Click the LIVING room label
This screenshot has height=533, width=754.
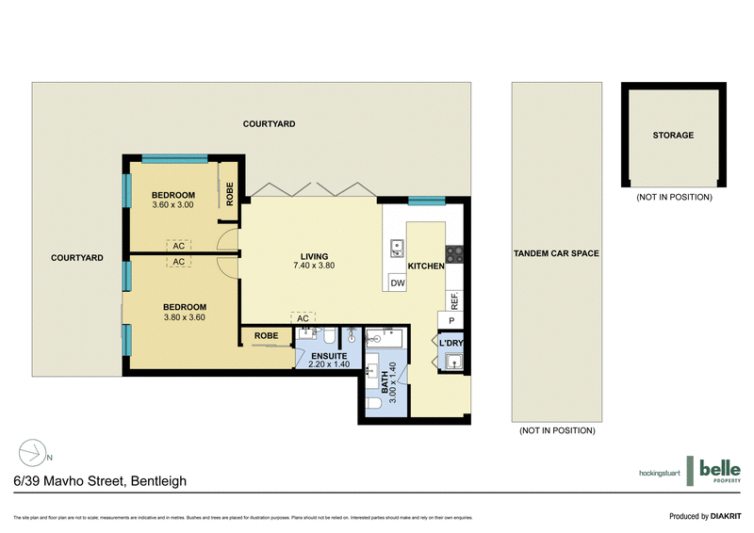tap(315, 256)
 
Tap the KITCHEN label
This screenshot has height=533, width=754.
tap(426, 266)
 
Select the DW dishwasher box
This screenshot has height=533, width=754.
tap(398, 283)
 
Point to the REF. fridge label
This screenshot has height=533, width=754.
tap(454, 302)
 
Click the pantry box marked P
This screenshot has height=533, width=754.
tap(451, 320)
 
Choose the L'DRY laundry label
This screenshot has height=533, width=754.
tap(451, 342)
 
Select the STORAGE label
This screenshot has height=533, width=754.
tap(673, 136)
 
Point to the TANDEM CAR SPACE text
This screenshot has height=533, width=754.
tap(557, 253)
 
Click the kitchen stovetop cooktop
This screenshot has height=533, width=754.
tap(453, 252)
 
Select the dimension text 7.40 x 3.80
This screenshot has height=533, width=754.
tap(315, 266)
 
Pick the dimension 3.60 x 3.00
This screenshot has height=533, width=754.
tap(172, 204)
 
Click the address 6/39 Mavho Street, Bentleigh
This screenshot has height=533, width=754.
tap(100, 481)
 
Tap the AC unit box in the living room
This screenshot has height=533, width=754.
tap(303, 318)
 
